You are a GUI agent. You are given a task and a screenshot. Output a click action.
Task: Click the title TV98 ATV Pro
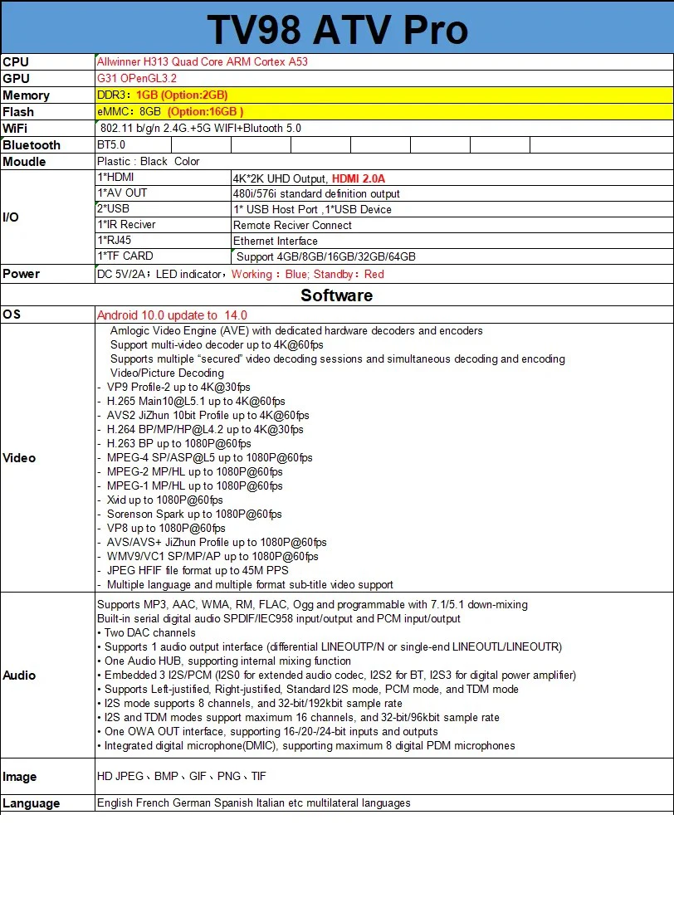(x=337, y=30)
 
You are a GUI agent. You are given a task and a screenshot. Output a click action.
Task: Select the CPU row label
(x=16, y=61)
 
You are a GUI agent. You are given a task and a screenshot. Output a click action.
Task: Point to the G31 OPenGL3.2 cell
(x=137, y=78)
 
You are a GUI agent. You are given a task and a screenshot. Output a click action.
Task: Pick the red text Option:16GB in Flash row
(x=205, y=111)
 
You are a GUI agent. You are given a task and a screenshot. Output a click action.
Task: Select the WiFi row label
(x=16, y=128)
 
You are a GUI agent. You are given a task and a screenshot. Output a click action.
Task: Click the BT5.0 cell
(x=111, y=144)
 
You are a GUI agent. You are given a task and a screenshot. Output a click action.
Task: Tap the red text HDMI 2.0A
(x=359, y=178)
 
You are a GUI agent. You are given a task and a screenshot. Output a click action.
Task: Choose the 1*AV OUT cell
(x=123, y=193)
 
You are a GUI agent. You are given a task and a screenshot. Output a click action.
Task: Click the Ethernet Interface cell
(x=276, y=241)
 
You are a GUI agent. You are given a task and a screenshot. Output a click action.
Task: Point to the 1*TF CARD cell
(x=125, y=256)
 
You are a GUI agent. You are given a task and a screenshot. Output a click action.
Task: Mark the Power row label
(x=21, y=274)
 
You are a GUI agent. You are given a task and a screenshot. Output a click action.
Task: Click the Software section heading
(x=336, y=295)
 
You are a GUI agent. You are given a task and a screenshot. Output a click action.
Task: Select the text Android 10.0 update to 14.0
(x=172, y=315)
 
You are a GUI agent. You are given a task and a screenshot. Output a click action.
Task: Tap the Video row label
(x=19, y=457)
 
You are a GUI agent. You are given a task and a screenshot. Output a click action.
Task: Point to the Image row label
(x=20, y=777)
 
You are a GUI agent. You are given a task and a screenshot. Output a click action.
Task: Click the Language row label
(x=32, y=803)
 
